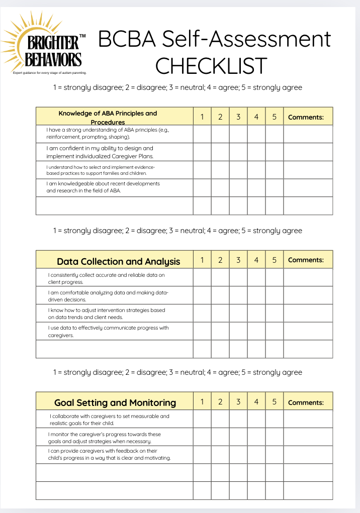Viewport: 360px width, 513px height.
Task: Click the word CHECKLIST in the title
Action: (x=211, y=65)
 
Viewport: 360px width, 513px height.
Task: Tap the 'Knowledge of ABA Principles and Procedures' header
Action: (x=108, y=117)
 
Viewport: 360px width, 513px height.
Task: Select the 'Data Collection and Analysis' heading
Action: (x=118, y=261)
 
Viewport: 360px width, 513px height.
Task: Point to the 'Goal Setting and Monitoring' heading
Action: (x=115, y=402)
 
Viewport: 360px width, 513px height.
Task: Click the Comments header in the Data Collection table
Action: (x=306, y=260)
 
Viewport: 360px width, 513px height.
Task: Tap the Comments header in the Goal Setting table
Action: (x=306, y=402)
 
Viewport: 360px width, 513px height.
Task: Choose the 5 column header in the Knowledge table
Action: (x=274, y=117)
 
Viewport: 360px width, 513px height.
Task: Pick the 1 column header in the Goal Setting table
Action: (x=202, y=402)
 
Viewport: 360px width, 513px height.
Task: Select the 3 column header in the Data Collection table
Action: (x=238, y=260)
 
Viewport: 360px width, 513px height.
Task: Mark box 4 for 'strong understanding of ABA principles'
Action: (x=256, y=134)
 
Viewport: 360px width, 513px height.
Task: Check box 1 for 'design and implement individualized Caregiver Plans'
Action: (x=202, y=152)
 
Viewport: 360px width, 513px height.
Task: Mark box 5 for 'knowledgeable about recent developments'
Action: (x=274, y=187)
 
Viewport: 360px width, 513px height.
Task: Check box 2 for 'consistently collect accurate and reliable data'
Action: (x=220, y=277)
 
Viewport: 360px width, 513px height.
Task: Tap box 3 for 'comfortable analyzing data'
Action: (x=238, y=295)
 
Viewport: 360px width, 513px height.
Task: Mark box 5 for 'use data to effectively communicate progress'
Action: (x=274, y=331)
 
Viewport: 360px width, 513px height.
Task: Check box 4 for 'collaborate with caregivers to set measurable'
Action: (x=256, y=419)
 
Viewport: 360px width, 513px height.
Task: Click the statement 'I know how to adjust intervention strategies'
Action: (x=107, y=314)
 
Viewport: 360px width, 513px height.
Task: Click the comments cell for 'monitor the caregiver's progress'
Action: (x=308, y=437)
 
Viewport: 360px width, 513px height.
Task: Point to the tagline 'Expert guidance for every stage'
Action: (x=50, y=73)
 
